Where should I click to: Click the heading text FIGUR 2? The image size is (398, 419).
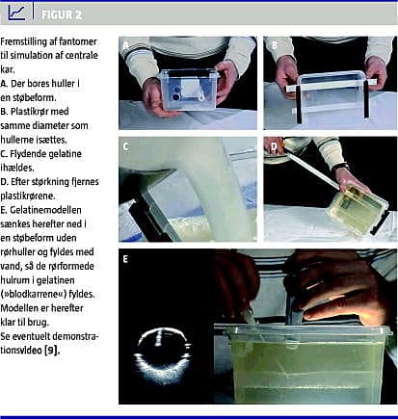(62, 14)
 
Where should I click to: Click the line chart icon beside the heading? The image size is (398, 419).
(16, 13)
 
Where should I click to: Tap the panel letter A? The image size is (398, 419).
(125, 45)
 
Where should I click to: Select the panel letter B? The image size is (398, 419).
(274, 45)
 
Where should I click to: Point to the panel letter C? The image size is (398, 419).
(125, 146)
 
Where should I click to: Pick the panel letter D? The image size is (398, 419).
(274, 146)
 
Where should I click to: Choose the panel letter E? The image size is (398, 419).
(125, 258)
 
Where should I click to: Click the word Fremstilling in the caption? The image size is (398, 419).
(24, 41)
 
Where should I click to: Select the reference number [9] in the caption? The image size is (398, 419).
(52, 350)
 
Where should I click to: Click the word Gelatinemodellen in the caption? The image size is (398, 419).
(45, 210)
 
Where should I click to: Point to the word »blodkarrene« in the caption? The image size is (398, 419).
(37, 294)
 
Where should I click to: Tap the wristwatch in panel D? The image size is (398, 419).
(341, 168)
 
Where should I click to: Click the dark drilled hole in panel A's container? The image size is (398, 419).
(175, 96)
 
